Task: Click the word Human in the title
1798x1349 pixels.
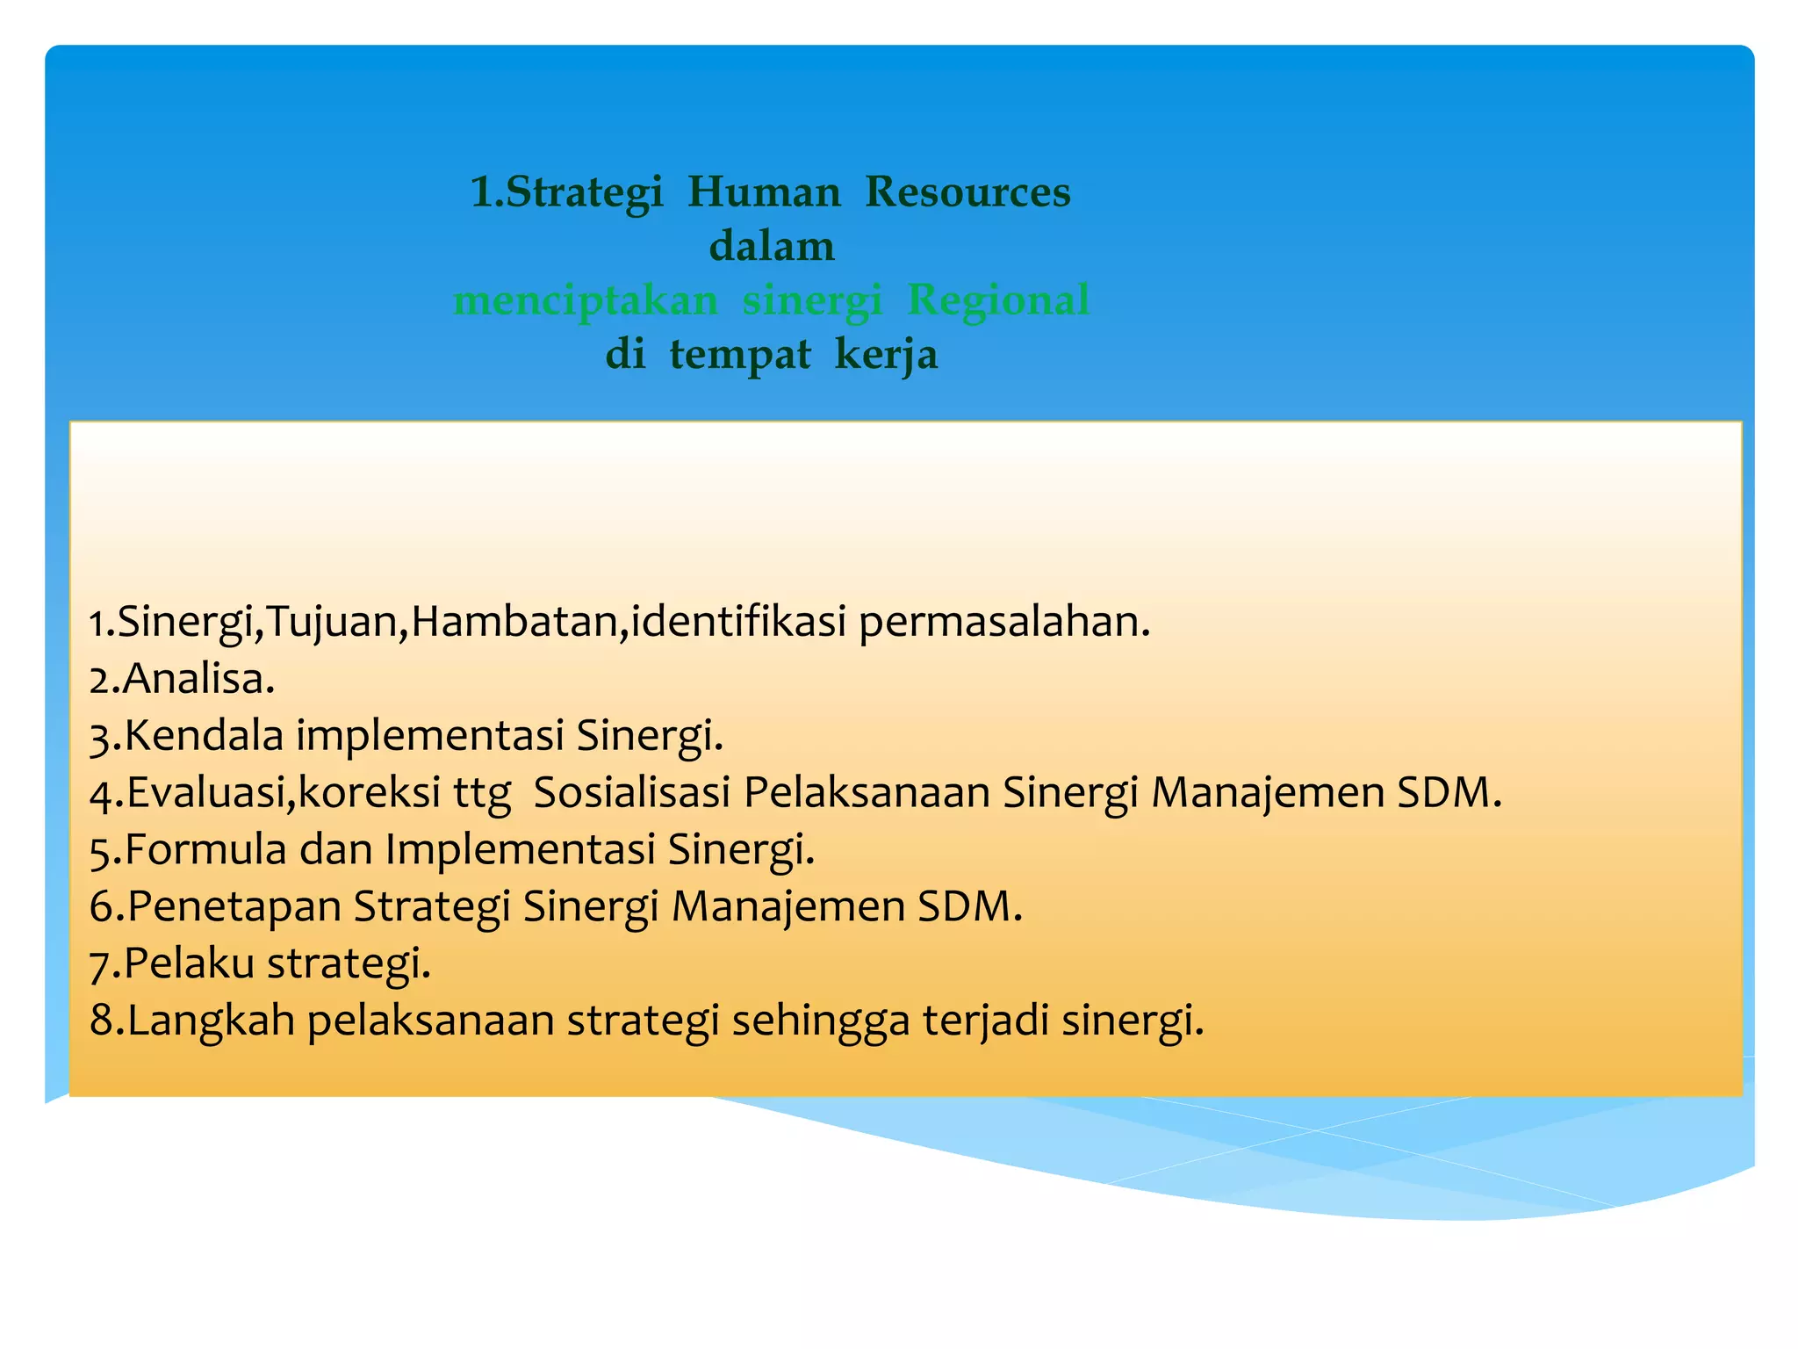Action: pyautogui.click(x=763, y=192)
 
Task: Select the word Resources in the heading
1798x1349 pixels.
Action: pyautogui.click(x=967, y=192)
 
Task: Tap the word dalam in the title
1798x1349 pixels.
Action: pyautogui.click(x=772, y=247)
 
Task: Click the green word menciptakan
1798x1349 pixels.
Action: pyautogui.click(x=586, y=301)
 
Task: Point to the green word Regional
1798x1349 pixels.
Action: pyautogui.click(x=998, y=301)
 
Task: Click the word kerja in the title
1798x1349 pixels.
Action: pyautogui.click(x=886, y=356)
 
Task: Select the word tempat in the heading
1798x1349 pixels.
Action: pyautogui.click(x=740, y=356)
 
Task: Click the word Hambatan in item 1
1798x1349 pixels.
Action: pyautogui.click(x=514, y=622)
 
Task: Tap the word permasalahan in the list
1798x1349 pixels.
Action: pyautogui.click(x=1003, y=622)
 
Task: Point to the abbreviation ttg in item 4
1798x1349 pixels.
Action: pyautogui.click(x=482, y=794)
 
